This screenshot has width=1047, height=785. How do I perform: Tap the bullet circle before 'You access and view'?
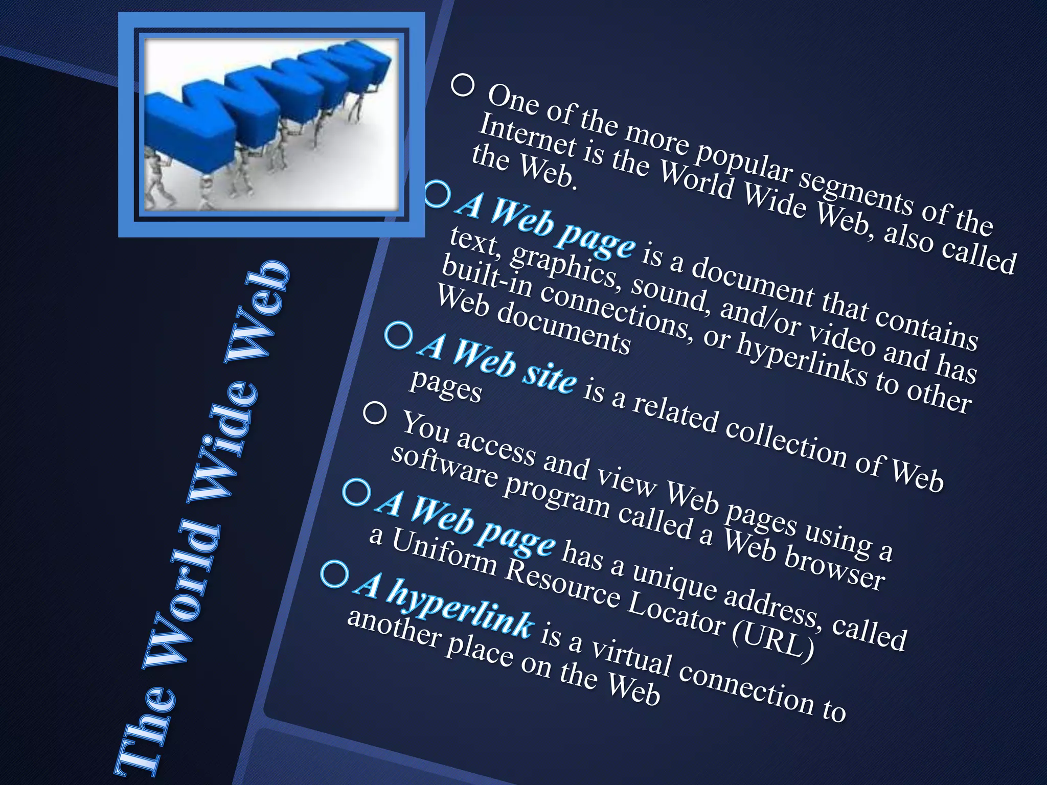pyautogui.click(x=375, y=413)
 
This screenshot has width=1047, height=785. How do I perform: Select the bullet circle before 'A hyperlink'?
pyautogui.click(x=335, y=574)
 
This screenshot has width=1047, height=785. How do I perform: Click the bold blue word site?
pyautogui.click(x=550, y=376)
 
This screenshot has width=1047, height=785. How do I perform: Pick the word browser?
pyautogui.click(x=833, y=570)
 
